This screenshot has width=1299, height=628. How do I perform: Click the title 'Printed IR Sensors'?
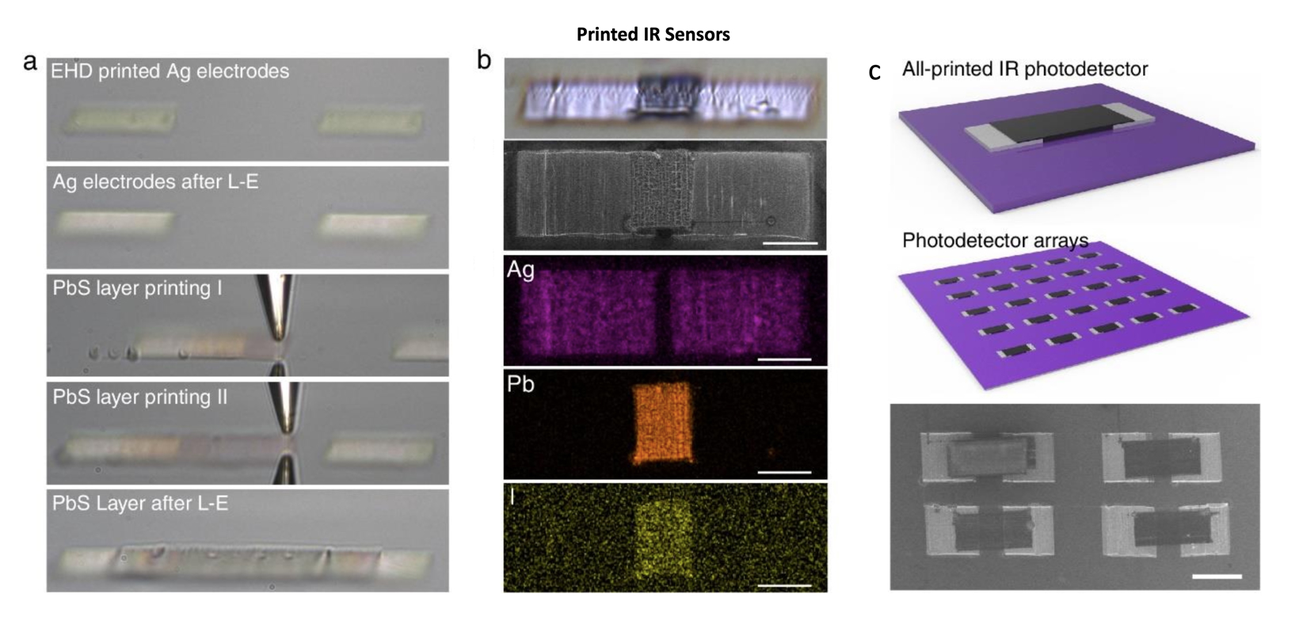[653, 35]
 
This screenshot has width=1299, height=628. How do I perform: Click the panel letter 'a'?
[29, 62]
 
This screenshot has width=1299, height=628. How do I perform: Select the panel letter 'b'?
[484, 59]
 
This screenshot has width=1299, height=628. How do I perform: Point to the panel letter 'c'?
[874, 72]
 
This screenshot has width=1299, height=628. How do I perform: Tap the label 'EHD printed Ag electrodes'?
[170, 71]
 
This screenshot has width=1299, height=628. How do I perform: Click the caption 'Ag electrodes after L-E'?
[155, 182]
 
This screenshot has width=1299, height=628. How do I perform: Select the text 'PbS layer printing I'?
[138, 289]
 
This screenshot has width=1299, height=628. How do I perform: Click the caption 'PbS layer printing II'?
[139, 398]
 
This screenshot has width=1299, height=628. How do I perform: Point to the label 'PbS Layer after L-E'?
[140, 504]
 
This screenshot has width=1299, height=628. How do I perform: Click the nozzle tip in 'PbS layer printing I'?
[278, 340]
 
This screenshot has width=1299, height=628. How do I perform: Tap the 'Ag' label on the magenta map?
[520, 270]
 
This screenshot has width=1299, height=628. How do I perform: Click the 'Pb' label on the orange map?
[520, 384]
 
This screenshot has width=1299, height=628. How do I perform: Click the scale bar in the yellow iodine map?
[784, 586]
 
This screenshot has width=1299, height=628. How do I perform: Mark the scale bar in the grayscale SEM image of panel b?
[790, 244]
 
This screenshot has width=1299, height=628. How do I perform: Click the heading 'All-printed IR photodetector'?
[1025, 70]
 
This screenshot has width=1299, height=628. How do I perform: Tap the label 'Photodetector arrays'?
[995, 240]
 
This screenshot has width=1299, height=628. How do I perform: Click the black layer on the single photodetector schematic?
[1062, 125]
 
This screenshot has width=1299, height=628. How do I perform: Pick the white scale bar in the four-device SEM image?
[1217, 577]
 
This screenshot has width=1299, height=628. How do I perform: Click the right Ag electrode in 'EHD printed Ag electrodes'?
[371, 122]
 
